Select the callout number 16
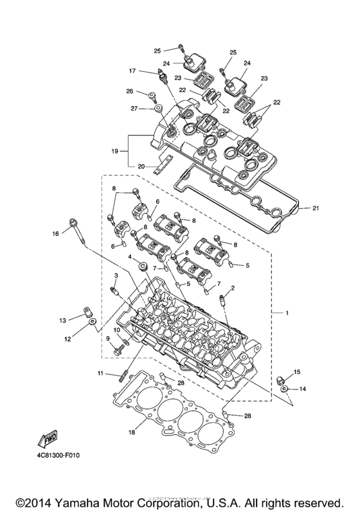pos(55,233)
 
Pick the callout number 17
pos(132,71)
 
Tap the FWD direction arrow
pos(48,440)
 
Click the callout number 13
pos(63,320)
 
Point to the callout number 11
pos(100,373)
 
